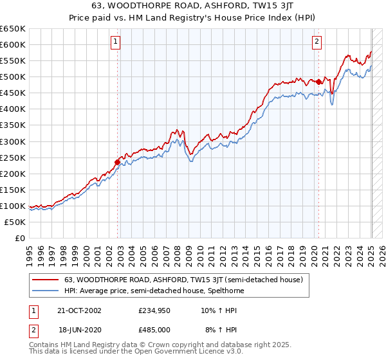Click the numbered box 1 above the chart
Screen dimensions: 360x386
tap(115, 42)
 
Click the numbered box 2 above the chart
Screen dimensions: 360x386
tap(317, 42)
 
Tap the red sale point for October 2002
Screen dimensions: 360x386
tap(118, 162)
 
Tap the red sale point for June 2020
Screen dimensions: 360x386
tap(319, 82)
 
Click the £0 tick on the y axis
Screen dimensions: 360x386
tap(21, 238)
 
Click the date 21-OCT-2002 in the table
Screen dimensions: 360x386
tap(80, 310)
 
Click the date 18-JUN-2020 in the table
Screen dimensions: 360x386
tap(80, 330)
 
